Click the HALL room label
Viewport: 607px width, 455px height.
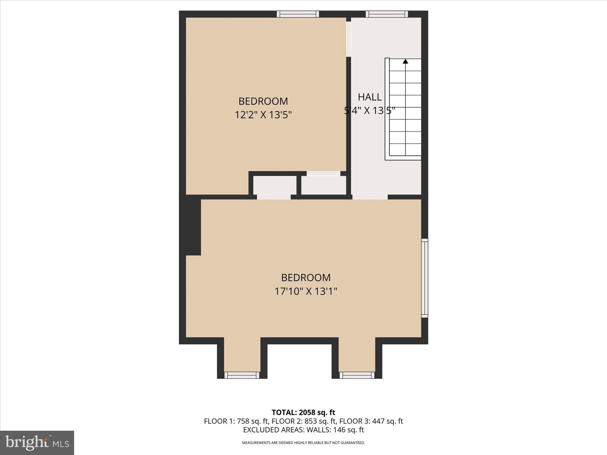(370, 97)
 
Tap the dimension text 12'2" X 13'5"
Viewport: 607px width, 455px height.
(263, 115)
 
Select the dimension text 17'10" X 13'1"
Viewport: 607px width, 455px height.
(306, 291)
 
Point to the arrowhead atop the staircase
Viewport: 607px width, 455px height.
(405, 61)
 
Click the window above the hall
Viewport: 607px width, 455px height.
(386, 14)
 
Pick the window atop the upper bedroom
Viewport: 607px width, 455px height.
(298, 14)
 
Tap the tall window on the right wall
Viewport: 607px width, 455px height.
(425, 278)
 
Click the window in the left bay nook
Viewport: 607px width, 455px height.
(242, 375)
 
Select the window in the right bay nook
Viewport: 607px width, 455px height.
(357, 375)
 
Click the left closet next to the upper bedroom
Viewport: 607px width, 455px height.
(275, 185)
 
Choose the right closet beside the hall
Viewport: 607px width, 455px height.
(324, 185)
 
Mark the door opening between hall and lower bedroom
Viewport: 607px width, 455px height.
(370, 197)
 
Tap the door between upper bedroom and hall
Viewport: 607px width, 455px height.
(349, 39)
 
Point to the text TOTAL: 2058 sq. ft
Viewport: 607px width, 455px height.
(303, 412)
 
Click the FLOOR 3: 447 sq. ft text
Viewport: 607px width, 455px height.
(371, 421)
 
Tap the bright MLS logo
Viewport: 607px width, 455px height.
(37, 443)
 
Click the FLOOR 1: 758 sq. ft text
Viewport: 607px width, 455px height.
(236, 421)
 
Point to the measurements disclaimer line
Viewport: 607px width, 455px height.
(303, 443)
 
